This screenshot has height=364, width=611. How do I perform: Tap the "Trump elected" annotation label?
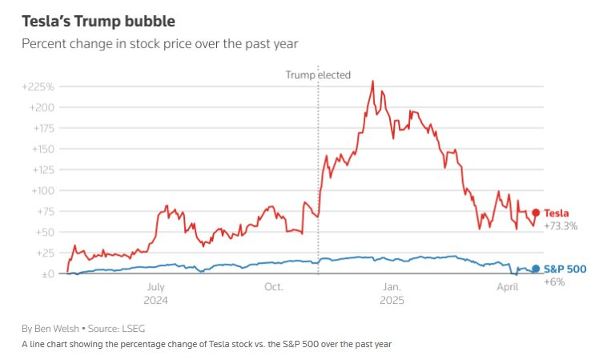[318, 75]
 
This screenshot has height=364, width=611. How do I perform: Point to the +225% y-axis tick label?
[38, 87]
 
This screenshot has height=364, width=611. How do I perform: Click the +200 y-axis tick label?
[40, 107]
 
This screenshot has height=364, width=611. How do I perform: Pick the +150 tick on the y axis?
[40, 149]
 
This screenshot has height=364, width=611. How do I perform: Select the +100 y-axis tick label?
[40, 191]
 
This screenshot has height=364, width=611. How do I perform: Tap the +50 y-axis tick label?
[42, 233]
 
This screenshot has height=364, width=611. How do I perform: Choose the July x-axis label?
[155, 286]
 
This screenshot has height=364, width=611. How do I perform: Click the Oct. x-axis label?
[273, 286]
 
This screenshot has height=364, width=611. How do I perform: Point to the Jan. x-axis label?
[392, 286]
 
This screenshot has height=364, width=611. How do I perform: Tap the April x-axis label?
[508, 286]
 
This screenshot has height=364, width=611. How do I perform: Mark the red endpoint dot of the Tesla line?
[536, 213]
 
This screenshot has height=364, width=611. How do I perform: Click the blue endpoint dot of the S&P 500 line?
[536, 269]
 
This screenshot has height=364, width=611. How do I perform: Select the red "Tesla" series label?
[557, 213]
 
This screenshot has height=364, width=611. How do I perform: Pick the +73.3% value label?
[561, 226]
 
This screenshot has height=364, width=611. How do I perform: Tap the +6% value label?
[555, 281]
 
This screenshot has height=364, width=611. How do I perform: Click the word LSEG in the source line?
[133, 329]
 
